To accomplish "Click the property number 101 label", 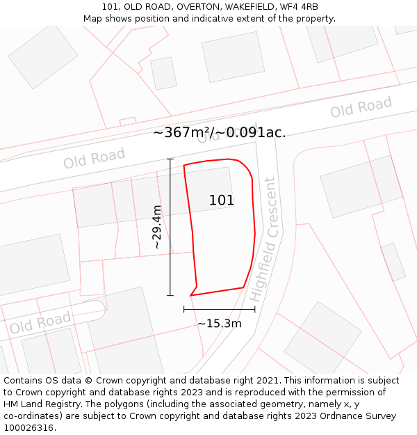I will click(x=222, y=200).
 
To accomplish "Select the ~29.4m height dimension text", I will click(x=157, y=227).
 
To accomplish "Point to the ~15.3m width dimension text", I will click(x=220, y=324).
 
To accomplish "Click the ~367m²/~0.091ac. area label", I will click(x=219, y=132).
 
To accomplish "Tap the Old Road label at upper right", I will click(x=361, y=108).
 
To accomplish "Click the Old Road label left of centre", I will click(x=94, y=159).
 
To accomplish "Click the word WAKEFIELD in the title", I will click(x=240, y=7).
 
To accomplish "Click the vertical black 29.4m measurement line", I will click(x=170, y=227).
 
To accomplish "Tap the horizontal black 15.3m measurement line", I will click(x=219, y=309).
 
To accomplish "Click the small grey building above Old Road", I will click(x=163, y=73).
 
